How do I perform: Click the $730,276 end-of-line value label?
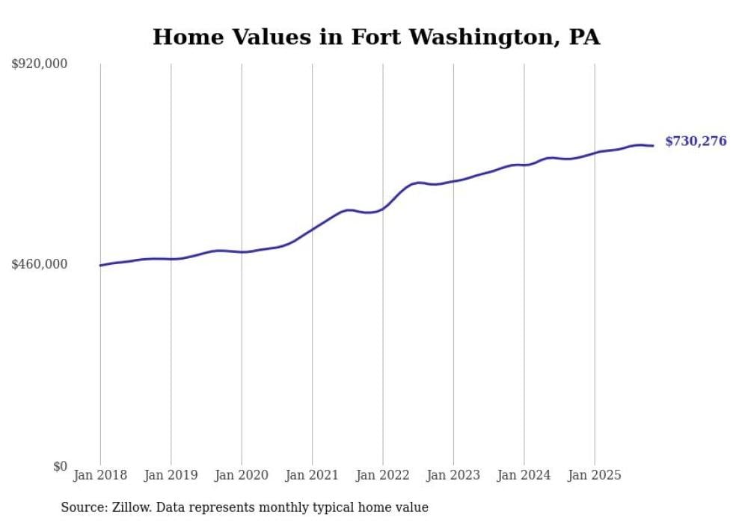click(x=696, y=141)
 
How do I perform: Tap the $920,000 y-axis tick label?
click(x=40, y=64)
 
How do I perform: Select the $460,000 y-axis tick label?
click(x=40, y=264)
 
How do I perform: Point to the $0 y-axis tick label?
click(x=60, y=466)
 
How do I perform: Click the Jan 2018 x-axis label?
click(x=100, y=475)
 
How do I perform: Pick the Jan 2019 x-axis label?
click(x=171, y=475)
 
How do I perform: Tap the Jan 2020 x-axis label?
click(x=242, y=475)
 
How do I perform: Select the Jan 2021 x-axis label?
click(x=312, y=475)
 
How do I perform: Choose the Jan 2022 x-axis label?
click(x=383, y=475)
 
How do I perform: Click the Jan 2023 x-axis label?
click(x=453, y=475)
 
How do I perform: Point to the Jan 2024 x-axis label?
click(x=524, y=475)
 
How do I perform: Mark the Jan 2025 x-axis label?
click(x=595, y=475)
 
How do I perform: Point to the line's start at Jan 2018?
click(x=100, y=265)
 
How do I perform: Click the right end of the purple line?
click(x=653, y=145)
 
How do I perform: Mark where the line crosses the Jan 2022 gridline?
click(x=383, y=208)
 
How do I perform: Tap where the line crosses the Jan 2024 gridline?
click(x=524, y=165)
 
